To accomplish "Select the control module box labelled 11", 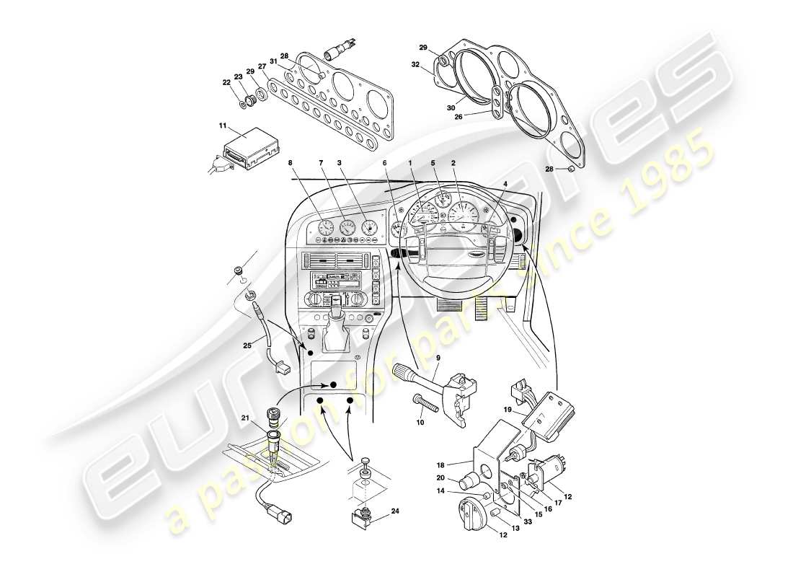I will pyautogui.click(x=249, y=149).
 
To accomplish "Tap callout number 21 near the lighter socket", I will pyautogui.click(x=245, y=418).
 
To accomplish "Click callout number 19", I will pyautogui.click(x=508, y=410).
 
